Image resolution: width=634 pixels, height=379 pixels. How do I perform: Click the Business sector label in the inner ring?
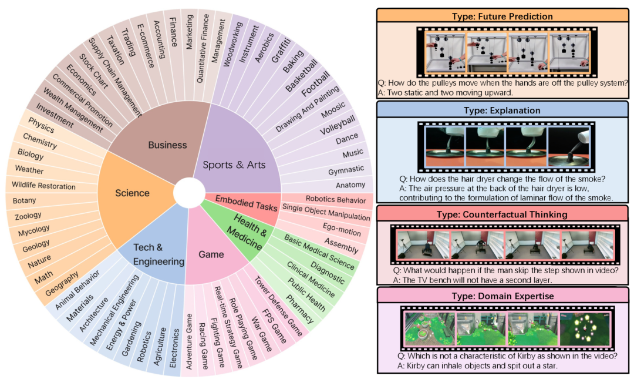coord(167,145)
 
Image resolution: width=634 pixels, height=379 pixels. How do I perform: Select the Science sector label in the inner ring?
coord(132,193)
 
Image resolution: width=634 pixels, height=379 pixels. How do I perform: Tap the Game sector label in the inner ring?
coord(211,254)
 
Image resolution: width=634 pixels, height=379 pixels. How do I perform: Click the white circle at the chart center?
coord(191,194)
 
